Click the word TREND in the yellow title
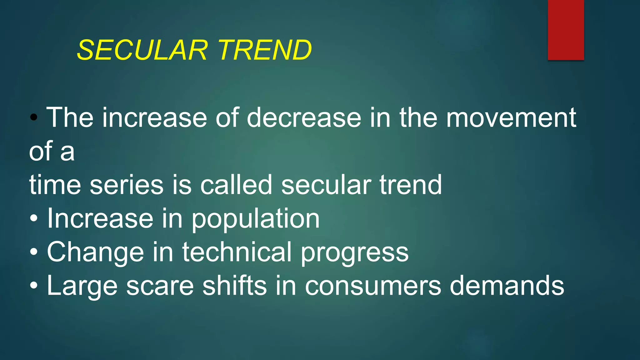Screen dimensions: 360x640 point(265,50)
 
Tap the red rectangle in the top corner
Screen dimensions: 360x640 point(566,30)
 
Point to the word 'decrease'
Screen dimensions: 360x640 point(304,118)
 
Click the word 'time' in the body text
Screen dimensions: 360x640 point(55,185)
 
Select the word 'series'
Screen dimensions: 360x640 point(127,185)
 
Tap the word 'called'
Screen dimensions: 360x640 point(236,185)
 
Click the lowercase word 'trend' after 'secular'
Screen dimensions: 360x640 point(411,185)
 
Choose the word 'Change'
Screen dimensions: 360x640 point(96,252)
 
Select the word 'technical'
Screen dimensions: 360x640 point(237,252)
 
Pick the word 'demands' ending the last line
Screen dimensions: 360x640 point(507,286)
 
